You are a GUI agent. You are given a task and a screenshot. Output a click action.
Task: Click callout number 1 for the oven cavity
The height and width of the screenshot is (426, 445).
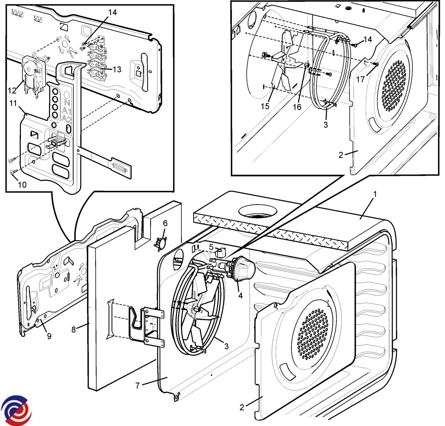pyautogui.click(x=375, y=194)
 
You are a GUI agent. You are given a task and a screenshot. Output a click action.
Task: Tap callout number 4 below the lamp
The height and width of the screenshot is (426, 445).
pyautogui.click(x=240, y=296)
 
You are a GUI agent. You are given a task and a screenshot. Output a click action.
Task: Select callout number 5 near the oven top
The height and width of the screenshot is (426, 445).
pyautogui.click(x=211, y=246)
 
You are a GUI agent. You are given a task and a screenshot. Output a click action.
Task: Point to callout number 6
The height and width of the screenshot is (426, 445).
pyautogui.click(x=165, y=223)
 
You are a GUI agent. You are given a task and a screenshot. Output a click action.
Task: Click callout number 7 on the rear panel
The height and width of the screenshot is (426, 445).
pyautogui.click(x=138, y=386)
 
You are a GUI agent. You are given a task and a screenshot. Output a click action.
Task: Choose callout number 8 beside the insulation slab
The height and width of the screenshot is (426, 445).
pyautogui.click(x=73, y=329)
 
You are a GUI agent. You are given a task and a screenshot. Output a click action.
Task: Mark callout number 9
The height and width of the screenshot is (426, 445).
pyautogui.click(x=49, y=336)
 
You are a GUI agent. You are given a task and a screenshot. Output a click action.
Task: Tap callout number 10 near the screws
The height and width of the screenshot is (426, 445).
pyautogui.click(x=22, y=184)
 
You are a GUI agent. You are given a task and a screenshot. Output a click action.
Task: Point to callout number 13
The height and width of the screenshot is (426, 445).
pyautogui.click(x=117, y=69)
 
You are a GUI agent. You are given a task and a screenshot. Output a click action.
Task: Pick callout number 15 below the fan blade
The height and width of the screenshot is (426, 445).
pyautogui.click(x=265, y=106)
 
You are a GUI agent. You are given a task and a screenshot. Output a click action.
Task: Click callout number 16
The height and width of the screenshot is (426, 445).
pyautogui.click(x=297, y=107)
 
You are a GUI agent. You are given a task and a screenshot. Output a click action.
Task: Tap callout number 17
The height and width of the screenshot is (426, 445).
pyautogui.click(x=360, y=79)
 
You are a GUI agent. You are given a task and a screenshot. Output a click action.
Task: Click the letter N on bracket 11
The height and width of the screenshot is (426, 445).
pyautogui.click(x=67, y=102)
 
